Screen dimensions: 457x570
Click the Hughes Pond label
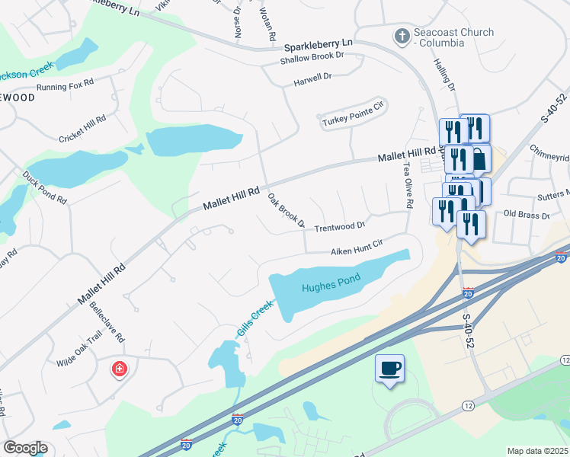pyautogui.click(x=329, y=287)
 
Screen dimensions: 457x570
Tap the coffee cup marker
pyautogui.click(x=389, y=369)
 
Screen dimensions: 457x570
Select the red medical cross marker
pyautogui.click(x=120, y=370)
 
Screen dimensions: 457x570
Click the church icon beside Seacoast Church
pyautogui.click(x=401, y=36)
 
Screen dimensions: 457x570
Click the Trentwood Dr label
pyautogui.click(x=340, y=226)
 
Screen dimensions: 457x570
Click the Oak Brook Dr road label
pyautogui.click(x=287, y=211)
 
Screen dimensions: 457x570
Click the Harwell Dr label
pyautogui.click(x=313, y=77)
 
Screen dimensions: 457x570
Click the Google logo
pyautogui.click(x=25, y=448)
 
